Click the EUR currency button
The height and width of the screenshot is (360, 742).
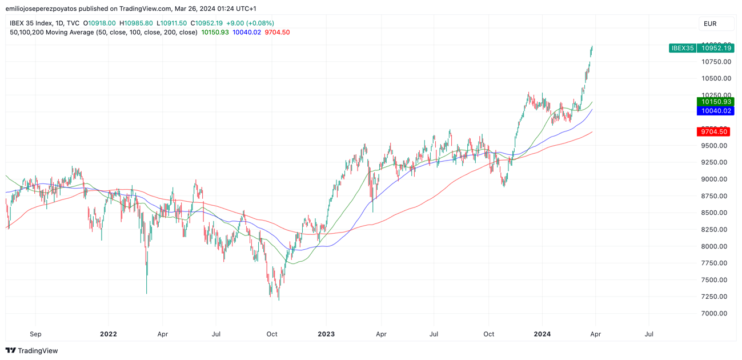(x=710, y=23)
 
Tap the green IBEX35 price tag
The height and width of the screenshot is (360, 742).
(x=701, y=48)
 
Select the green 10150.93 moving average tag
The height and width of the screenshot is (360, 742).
(x=715, y=102)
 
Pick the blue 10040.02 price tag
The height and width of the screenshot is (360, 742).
(x=715, y=111)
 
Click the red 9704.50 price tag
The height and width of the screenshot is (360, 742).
(x=713, y=132)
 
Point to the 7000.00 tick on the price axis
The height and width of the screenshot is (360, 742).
(x=714, y=314)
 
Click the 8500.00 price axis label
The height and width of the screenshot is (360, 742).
(x=714, y=213)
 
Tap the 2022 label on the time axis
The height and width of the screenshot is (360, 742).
(x=108, y=334)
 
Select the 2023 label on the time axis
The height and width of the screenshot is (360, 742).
(x=326, y=334)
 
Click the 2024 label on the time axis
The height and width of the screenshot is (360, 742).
(x=542, y=334)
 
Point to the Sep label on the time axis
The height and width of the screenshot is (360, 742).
(x=35, y=334)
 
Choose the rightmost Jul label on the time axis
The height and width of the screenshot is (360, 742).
(x=649, y=334)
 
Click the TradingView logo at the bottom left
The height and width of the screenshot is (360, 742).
(x=32, y=350)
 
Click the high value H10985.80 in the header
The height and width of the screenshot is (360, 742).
(x=136, y=23)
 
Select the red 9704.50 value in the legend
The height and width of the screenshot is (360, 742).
(x=277, y=33)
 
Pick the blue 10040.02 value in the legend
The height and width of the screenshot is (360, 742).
(x=247, y=33)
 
